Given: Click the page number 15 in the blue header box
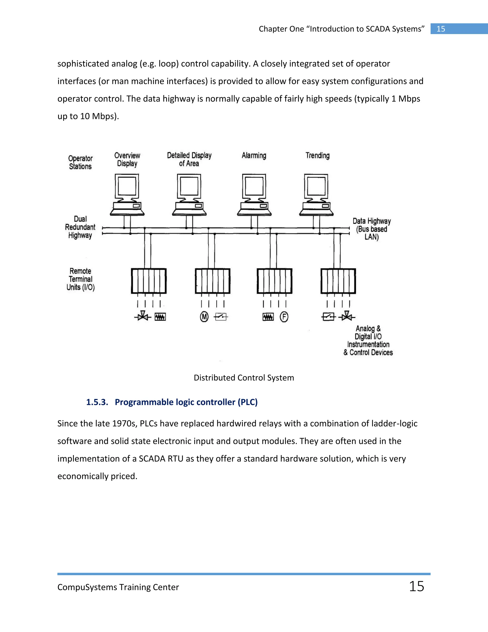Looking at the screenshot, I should [441, 29].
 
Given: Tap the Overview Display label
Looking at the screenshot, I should [127, 160].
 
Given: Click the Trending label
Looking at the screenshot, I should [317, 156].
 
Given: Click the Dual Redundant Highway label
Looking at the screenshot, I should [80, 227].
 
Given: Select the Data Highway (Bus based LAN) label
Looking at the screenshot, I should [371, 229].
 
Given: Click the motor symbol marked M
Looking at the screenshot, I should [204, 317].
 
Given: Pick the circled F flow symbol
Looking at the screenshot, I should [284, 317].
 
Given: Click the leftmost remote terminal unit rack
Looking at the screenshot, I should [149, 281].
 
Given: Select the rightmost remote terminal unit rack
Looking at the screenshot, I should [338, 281].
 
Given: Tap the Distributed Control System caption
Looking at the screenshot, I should [244, 378].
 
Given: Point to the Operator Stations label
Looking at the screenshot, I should [80, 162].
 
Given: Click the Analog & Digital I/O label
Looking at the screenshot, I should [368, 340].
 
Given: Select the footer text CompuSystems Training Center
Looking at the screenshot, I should [118, 587].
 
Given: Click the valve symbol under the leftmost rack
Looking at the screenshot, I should [142, 316].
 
